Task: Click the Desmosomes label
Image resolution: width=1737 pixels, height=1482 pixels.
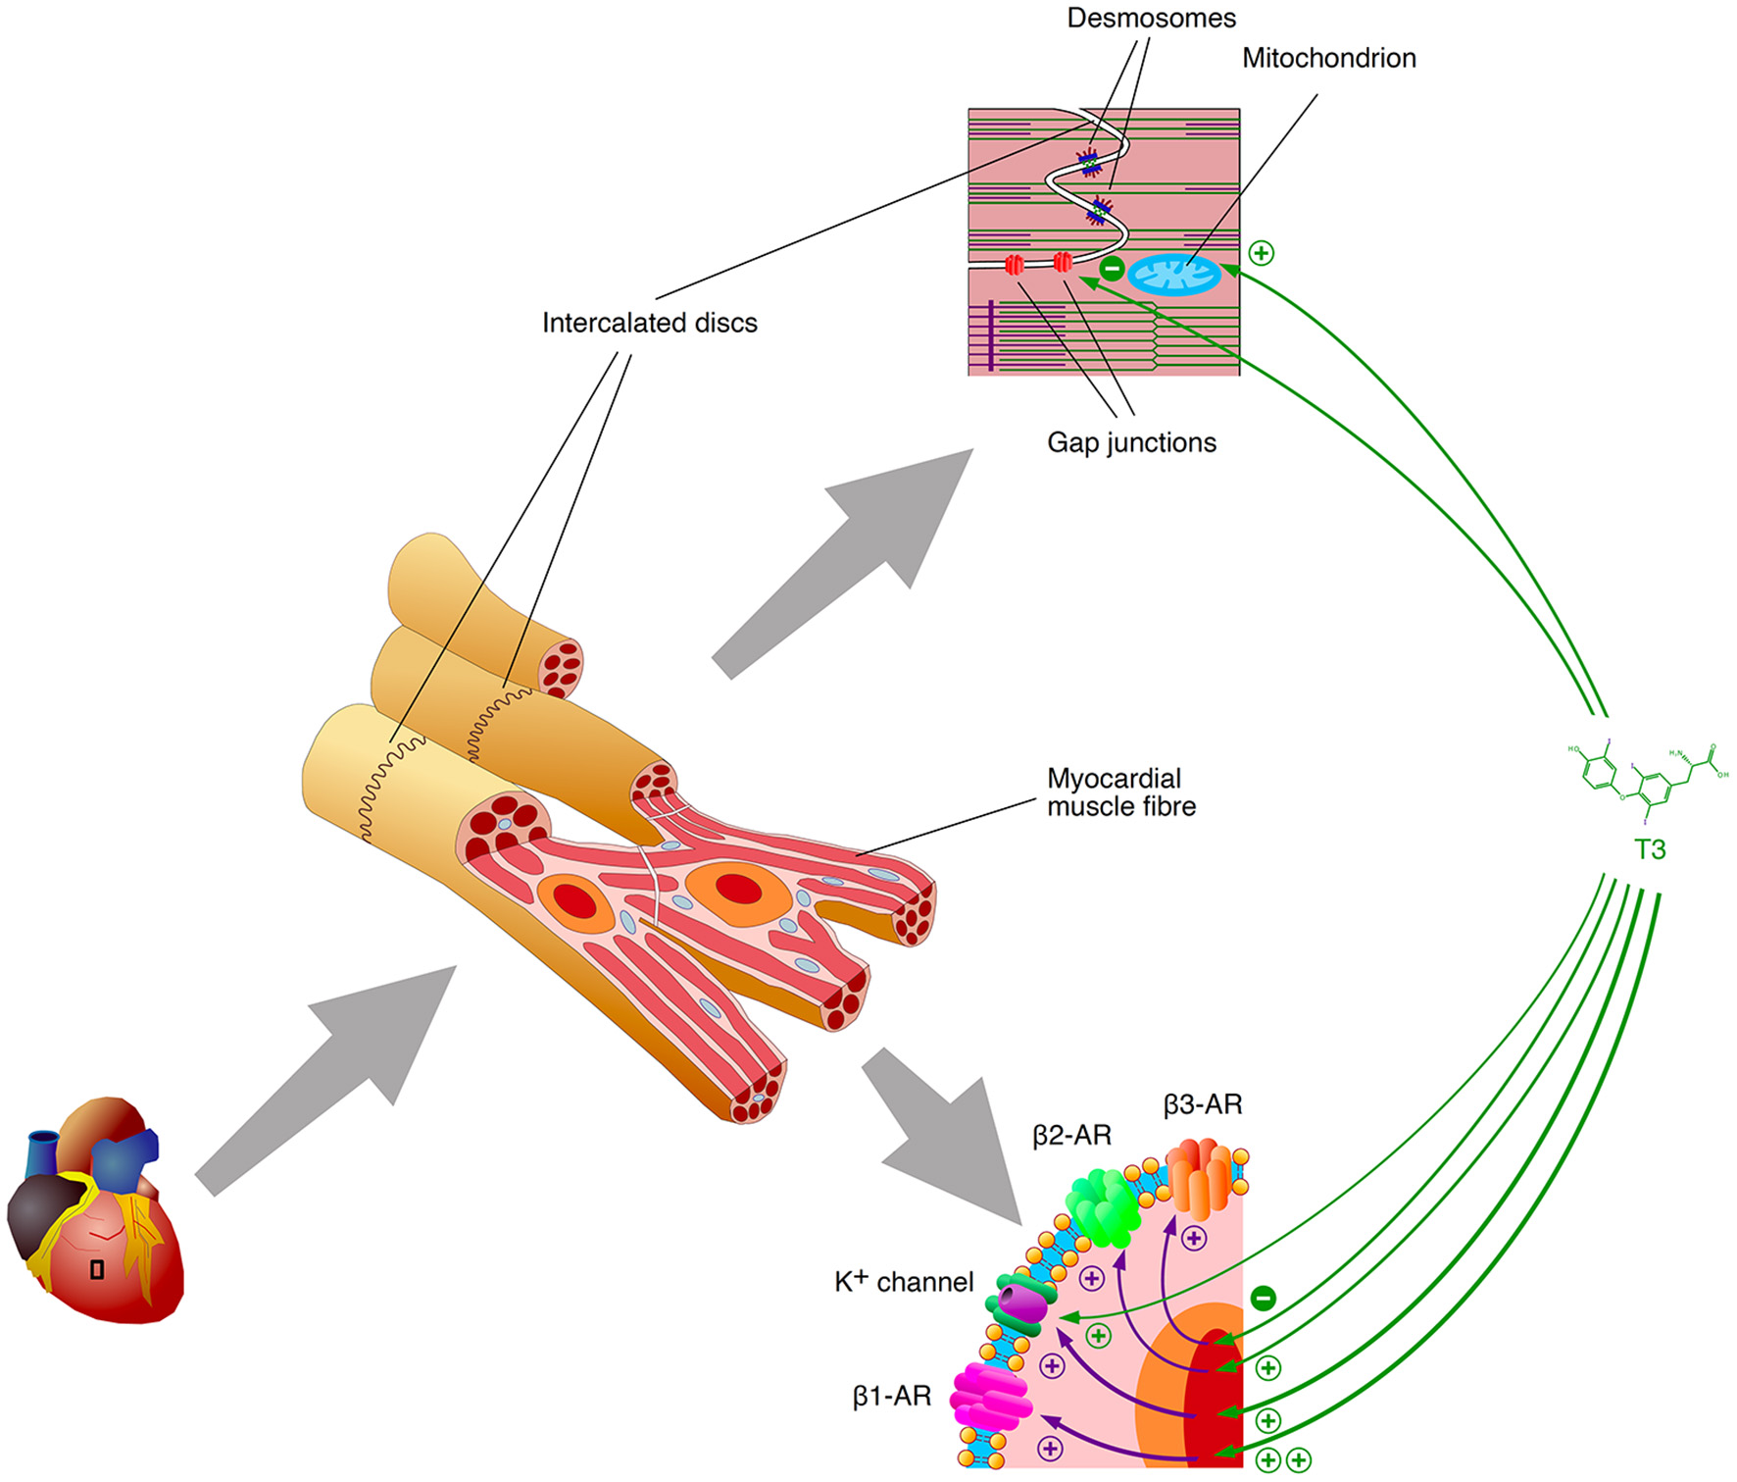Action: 1151,18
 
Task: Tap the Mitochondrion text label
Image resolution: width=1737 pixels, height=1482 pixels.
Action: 1328,58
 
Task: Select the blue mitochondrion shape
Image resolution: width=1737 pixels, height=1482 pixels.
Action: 1174,275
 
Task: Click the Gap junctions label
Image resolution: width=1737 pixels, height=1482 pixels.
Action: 1131,442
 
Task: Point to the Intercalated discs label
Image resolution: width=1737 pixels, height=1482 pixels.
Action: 649,323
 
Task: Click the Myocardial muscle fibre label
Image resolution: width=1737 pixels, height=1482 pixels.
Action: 1120,792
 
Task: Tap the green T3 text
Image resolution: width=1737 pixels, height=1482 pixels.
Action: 1650,849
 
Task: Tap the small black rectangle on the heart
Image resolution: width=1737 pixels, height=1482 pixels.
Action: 97,1269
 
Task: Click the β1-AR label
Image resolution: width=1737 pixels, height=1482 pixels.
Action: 891,1397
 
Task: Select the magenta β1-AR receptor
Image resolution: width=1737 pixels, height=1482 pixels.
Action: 990,1397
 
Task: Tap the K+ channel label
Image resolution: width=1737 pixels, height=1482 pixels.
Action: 903,1282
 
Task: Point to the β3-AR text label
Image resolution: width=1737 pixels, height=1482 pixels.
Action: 1202,1105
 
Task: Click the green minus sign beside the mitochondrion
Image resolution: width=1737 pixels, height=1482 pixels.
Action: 1111,268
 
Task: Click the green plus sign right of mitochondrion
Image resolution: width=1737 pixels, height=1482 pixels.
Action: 1262,253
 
